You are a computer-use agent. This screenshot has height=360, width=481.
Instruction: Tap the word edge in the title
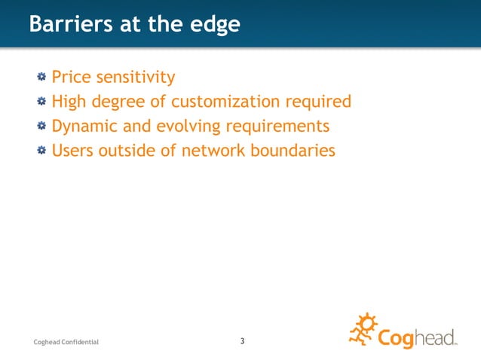(214, 25)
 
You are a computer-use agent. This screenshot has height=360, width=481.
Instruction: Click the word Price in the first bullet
(70, 77)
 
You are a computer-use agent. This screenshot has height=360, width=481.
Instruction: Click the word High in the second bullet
(69, 101)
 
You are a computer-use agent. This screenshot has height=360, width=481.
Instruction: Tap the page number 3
(242, 341)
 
